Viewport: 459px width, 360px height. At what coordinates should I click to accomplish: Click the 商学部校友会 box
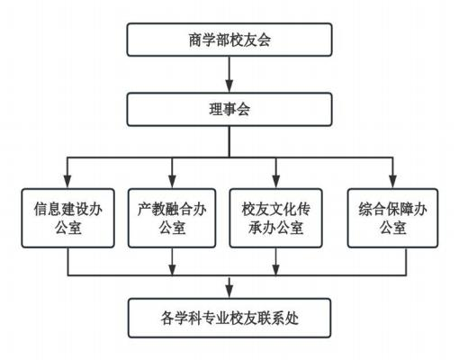[229, 40]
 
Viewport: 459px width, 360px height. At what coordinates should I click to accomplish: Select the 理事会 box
[229, 110]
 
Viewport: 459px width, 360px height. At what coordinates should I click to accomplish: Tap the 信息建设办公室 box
[67, 218]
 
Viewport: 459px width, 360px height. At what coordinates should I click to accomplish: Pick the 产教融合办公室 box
[172, 218]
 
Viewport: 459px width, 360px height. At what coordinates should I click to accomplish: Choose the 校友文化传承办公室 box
[275, 218]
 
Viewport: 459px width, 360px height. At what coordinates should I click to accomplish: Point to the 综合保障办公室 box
[392, 218]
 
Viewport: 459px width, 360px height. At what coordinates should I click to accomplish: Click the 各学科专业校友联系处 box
[229, 318]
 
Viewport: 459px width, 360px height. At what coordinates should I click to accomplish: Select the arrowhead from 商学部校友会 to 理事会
[229, 86]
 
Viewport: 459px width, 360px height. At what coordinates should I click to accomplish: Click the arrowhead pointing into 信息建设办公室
[67, 182]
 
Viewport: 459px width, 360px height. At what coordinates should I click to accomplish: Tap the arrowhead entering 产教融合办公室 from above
[172, 182]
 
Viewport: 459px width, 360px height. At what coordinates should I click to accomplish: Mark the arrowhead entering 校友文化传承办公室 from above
[276, 182]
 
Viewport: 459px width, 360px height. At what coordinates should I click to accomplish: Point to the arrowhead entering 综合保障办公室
[392, 182]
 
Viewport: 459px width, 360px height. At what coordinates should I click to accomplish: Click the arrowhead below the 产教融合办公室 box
[172, 269]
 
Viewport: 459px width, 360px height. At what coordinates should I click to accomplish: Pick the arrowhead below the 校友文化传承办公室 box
[276, 269]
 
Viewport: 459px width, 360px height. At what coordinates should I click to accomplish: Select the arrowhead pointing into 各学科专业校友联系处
[229, 292]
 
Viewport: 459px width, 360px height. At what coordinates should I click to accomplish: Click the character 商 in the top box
[195, 40]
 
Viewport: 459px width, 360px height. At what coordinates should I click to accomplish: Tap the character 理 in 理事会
[216, 110]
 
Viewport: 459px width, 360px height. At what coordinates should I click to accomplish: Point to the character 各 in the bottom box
[167, 319]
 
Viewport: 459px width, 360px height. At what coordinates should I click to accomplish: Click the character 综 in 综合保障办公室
[365, 209]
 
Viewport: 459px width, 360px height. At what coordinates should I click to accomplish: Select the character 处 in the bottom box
[292, 319]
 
